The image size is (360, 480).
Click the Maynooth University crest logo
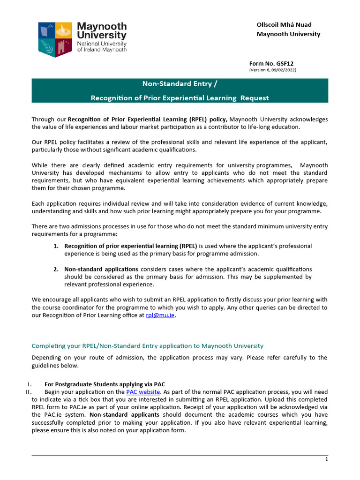pyautogui.click(x=55, y=39)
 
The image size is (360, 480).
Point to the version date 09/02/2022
pyautogui.click(x=282, y=70)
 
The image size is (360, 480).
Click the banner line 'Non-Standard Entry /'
pyautogui.click(x=180, y=84)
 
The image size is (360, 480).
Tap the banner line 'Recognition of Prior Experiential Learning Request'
pyautogui.click(x=180, y=97)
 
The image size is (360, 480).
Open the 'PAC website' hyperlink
pyautogui.click(x=143, y=391)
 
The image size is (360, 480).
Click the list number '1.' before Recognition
pyautogui.click(x=55, y=246)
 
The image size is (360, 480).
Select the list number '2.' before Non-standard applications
pyautogui.click(x=55, y=269)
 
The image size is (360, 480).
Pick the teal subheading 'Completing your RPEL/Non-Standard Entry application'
pyautogui.click(x=147, y=346)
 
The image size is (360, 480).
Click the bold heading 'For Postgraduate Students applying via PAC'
pyautogui.click(x=105, y=384)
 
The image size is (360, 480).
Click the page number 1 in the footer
pyautogui.click(x=326, y=459)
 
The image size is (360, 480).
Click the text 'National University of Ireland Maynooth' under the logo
pyautogui.click(x=102, y=46)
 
